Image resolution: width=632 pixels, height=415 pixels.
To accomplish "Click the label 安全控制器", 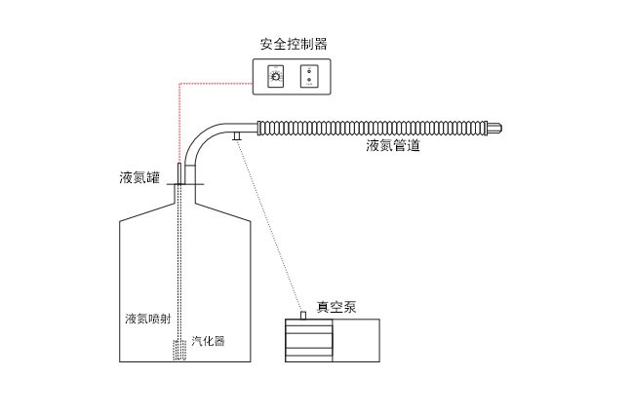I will tap(293, 44).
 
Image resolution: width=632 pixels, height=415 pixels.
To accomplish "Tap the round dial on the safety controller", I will tap(275, 76).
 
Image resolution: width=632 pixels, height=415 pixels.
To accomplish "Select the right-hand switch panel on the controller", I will tap(309, 76).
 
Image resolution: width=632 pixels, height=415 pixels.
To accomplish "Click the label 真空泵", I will tap(336, 307).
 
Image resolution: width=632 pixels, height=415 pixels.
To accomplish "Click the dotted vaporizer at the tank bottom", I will tap(179, 350).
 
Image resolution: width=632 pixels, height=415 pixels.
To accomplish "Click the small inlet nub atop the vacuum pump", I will tap(303, 315).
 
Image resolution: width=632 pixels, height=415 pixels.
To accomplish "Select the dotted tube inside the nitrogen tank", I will tap(181, 263).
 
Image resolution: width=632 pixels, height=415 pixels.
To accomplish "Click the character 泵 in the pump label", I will tap(349, 307).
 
